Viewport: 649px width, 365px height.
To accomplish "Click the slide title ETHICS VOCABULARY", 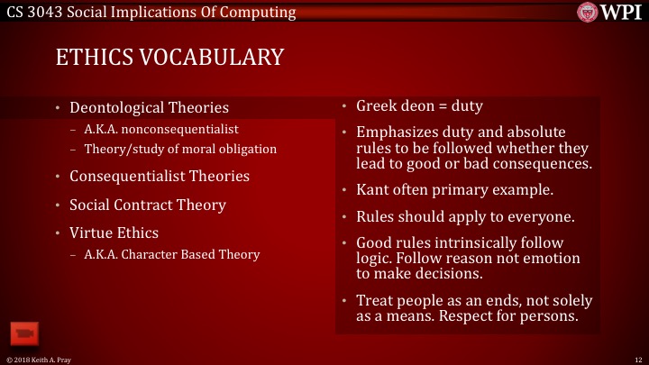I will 169,57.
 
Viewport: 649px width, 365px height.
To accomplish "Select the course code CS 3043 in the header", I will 35,12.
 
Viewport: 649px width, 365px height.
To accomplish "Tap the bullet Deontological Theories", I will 149,108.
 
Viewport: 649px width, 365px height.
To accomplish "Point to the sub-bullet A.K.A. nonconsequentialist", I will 160,130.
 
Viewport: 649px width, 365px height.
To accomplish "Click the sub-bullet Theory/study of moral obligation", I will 179,149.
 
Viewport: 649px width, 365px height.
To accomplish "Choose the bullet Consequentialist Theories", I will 160,176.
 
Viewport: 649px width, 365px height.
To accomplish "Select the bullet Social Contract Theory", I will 148,205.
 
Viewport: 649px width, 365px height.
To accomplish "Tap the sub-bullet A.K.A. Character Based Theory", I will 171,254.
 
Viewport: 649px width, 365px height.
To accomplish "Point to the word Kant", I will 373,190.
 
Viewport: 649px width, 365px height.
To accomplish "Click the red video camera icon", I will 23,333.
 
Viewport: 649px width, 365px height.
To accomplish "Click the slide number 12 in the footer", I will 638,360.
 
